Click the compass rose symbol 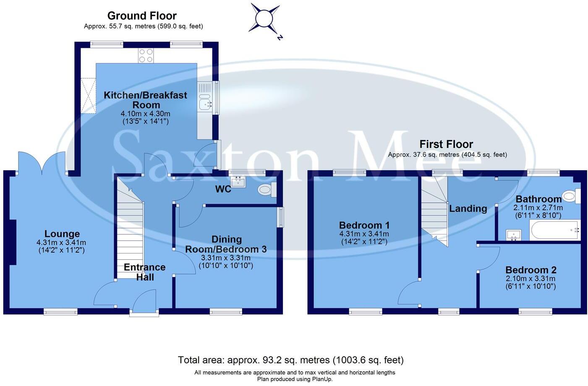coord(265,19)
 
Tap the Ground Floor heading coord(142,16)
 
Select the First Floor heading coord(446,144)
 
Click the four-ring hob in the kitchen coord(146,55)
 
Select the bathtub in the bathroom coord(554,230)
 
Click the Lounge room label coord(62,234)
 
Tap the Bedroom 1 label coord(364,225)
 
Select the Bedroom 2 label coord(531,270)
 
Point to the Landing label coord(468,208)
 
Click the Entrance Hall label coord(144,272)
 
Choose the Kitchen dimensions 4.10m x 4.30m coord(145,114)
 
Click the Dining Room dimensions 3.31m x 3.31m coord(226,258)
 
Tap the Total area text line coord(290,360)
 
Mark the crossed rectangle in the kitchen coord(88,95)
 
